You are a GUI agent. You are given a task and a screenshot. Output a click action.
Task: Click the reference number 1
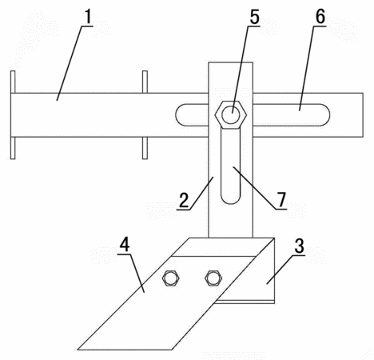(88, 17)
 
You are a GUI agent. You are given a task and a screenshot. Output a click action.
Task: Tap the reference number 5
(254, 17)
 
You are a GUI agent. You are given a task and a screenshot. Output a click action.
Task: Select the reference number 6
(320, 17)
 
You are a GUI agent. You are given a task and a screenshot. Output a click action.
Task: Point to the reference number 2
(184, 200)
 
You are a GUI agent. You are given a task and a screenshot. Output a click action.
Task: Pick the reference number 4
(125, 244)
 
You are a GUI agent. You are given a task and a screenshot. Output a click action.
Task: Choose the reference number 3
(300, 246)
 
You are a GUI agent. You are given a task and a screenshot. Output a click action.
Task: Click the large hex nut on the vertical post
(231, 115)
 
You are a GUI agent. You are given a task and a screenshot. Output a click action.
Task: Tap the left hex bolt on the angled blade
(170, 278)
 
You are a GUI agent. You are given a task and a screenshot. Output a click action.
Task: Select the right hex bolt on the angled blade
(213, 278)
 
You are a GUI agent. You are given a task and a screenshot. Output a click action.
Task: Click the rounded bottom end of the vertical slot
(231, 198)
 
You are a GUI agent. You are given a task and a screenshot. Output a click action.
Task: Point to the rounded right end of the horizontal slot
(324, 115)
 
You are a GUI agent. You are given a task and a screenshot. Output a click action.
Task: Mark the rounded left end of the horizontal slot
(181, 115)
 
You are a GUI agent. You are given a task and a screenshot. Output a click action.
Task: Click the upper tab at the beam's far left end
(13, 82)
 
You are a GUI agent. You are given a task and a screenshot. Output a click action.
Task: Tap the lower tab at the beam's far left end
(13, 148)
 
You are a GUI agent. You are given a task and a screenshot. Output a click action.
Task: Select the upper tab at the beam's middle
(145, 82)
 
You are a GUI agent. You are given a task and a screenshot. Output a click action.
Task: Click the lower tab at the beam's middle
(145, 148)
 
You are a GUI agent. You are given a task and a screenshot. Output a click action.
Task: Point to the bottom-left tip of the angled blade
(78, 350)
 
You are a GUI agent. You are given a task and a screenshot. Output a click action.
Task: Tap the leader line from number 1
(74, 63)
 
